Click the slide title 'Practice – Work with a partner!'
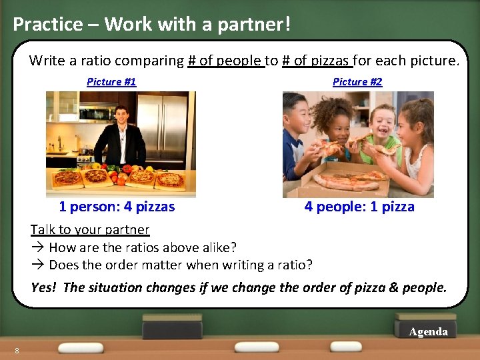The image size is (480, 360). [152, 24]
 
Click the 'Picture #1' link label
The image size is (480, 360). [111, 82]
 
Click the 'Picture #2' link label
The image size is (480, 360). [357, 82]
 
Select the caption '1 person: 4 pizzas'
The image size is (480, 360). [117, 207]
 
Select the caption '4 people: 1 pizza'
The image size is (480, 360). [359, 207]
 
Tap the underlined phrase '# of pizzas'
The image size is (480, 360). [317, 61]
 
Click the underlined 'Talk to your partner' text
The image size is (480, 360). [90, 230]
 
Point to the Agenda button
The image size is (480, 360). [428, 331]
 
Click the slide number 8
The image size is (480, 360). [17, 351]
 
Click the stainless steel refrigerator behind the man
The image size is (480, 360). [163, 127]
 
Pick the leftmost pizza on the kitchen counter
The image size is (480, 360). [68, 178]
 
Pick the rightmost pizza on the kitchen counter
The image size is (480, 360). [170, 179]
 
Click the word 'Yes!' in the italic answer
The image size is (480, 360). [44, 288]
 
